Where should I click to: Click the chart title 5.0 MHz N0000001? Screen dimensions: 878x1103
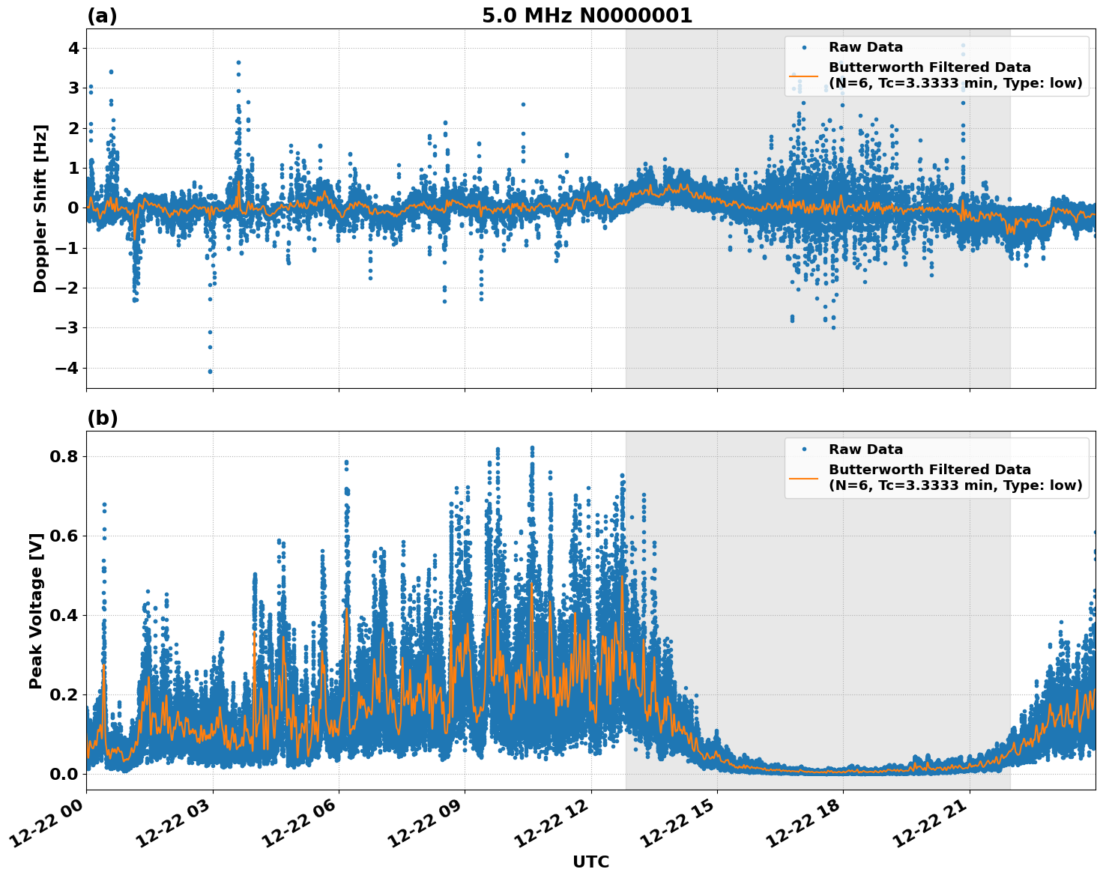tap(587, 16)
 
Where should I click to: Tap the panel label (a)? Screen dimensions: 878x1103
tap(102, 16)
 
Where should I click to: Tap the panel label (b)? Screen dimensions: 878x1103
tap(102, 418)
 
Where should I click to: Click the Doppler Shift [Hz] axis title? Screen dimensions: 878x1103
tap(40, 208)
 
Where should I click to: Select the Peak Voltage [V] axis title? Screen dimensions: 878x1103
tap(36, 611)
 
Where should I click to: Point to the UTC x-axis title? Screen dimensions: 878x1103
tap(590, 862)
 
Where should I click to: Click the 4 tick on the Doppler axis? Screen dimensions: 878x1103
tap(73, 48)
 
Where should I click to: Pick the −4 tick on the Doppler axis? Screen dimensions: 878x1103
tap(67, 368)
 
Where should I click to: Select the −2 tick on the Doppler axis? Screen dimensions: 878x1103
tap(67, 288)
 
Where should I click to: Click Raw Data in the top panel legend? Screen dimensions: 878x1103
tap(865, 47)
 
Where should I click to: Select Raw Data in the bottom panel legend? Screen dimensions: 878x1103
tap(865, 449)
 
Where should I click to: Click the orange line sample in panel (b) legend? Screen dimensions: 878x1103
tap(803, 478)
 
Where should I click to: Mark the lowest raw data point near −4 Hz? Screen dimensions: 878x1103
tap(210, 371)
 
